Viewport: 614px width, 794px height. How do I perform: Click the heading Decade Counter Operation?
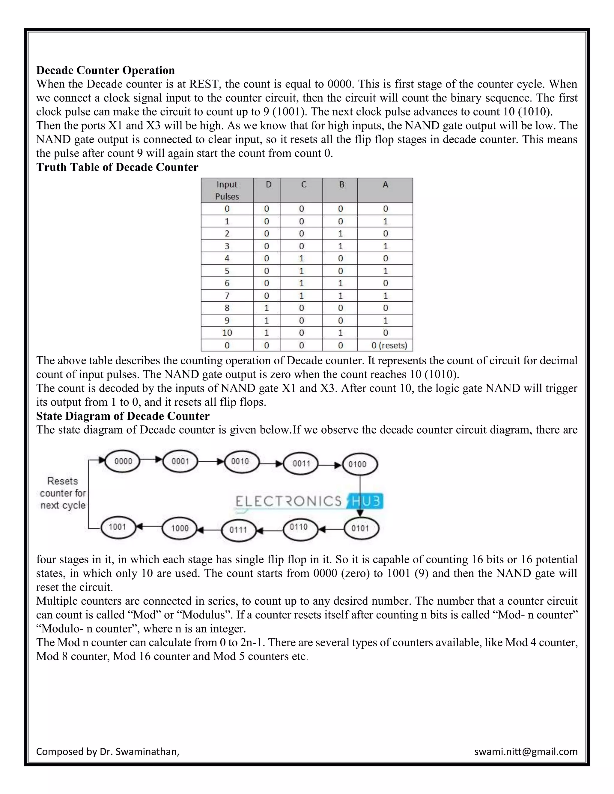[x=106, y=70]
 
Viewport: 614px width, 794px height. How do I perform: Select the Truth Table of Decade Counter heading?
[x=117, y=167]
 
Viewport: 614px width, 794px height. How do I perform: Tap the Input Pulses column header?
[x=227, y=190]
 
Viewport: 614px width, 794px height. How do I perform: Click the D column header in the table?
[x=268, y=185]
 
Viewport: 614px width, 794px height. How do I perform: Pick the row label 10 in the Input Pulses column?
[x=227, y=333]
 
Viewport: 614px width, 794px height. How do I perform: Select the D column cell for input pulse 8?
[x=267, y=308]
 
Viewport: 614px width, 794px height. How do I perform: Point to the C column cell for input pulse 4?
[x=301, y=259]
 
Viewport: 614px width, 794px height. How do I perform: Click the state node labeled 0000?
[x=123, y=461]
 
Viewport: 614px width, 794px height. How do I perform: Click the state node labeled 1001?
[x=117, y=527]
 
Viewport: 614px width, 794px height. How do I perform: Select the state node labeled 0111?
[x=238, y=530]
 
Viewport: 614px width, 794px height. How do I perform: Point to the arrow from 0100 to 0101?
[x=360, y=496]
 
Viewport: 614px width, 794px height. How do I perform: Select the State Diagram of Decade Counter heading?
[x=123, y=416]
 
